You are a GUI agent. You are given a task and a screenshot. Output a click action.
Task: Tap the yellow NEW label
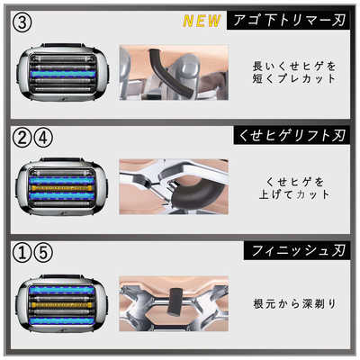(x=203, y=20)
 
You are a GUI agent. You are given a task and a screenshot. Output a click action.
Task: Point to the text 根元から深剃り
(x=292, y=304)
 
